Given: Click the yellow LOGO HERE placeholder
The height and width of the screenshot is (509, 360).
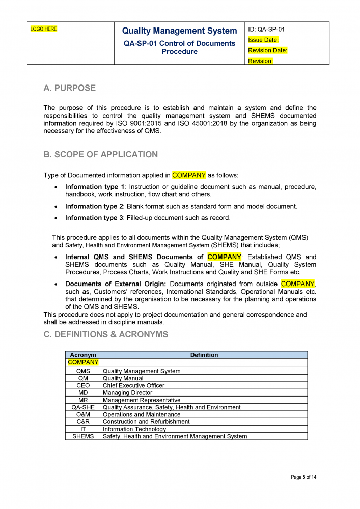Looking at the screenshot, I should click(44, 29).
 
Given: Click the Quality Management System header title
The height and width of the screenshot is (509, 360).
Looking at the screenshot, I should click(180, 31).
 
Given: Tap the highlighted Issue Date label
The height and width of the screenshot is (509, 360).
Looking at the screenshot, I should click(263, 40).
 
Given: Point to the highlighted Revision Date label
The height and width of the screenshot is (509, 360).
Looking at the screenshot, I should click(268, 50).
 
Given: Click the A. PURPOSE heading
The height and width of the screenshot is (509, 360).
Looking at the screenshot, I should click(70, 88).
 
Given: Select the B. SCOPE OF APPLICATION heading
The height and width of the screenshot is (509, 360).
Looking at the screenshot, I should click(101, 155).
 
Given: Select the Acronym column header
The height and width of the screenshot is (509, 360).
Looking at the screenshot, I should click(83, 355).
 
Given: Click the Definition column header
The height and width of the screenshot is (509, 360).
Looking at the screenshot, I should click(204, 355).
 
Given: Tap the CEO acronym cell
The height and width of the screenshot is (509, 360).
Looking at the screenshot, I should click(83, 386).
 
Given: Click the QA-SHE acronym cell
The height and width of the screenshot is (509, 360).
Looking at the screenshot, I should click(83, 407).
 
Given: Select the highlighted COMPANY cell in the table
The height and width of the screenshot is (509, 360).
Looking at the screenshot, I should click(83, 362).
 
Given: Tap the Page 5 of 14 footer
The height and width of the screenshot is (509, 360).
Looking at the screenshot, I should click(303, 477).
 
